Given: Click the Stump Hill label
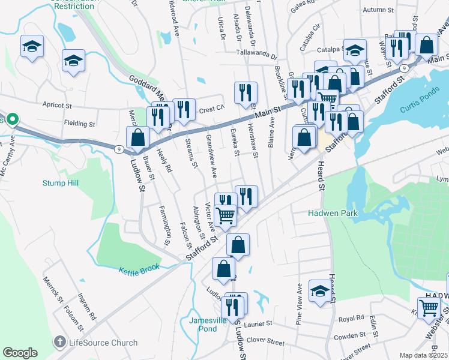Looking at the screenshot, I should [60, 182].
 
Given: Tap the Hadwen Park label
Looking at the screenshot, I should [333, 213].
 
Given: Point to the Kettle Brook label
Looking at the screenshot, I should [139, 271].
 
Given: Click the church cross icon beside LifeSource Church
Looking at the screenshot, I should [59, 343].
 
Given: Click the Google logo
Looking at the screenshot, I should [20, 353].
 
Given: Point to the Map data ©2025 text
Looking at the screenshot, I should [423, 355].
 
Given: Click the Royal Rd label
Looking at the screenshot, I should [352, 317].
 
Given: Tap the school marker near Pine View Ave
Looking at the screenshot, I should [320, 291].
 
